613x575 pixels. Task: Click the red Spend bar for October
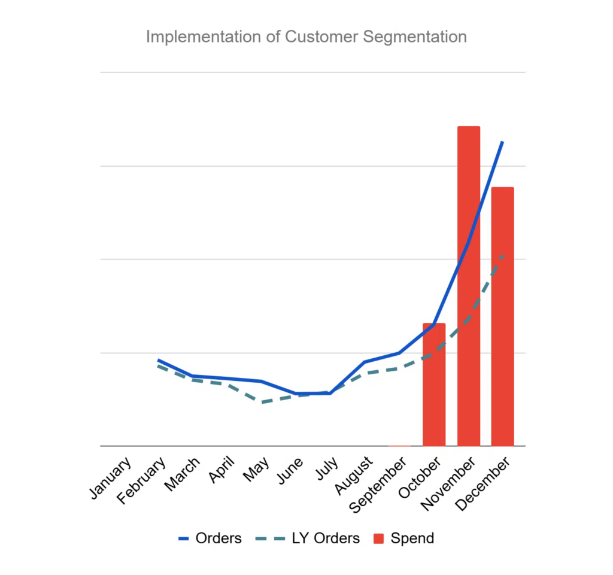pos(434,385)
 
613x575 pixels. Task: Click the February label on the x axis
pos(142,481)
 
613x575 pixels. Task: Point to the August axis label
pos(354,476)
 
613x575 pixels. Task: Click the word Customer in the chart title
pos(313,37)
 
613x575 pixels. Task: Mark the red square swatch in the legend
pos(378,539)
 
